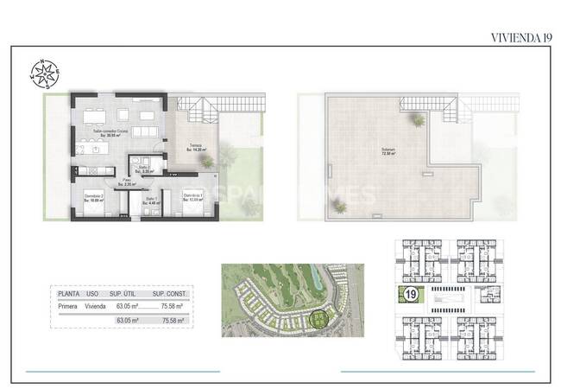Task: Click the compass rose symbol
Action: click(x=47, y=73)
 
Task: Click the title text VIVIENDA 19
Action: click(x=520, y=37)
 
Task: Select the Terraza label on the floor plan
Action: click(x=198, y=147)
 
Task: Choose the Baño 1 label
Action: click(x=151, y=201)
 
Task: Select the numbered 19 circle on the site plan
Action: click(x=411, y=296)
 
